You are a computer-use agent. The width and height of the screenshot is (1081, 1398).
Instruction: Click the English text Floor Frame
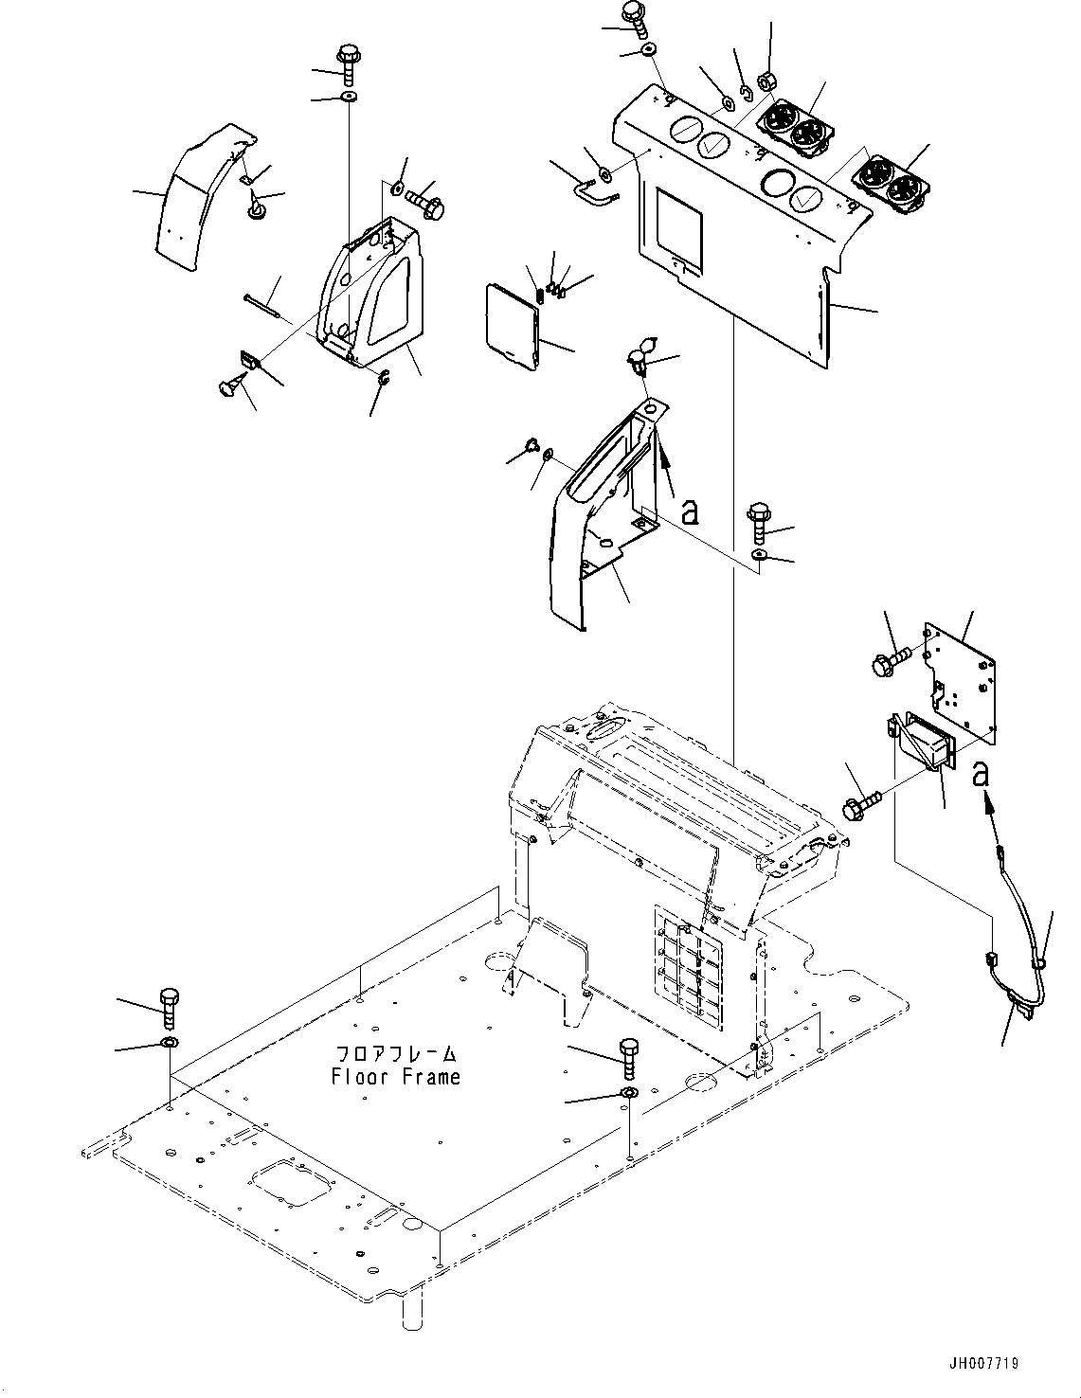click(x=395, y=1077)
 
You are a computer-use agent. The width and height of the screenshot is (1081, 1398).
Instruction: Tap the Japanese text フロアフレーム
click(x=397, y=1053)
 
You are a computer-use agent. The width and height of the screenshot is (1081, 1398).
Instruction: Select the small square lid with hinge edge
click(x=510, y=324)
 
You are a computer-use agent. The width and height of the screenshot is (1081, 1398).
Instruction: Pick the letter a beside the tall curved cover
click(x=691, y=512)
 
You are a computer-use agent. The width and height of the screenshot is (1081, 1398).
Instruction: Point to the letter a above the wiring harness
click(x=982, y=774)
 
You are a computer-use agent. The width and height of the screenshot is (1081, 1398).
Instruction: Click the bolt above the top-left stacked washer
click(x=348, y=63)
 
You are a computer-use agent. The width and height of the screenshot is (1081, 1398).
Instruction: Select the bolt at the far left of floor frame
click(x=170, y=1006)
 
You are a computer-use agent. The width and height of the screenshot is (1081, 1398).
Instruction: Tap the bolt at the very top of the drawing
click(x=632, y=14)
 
